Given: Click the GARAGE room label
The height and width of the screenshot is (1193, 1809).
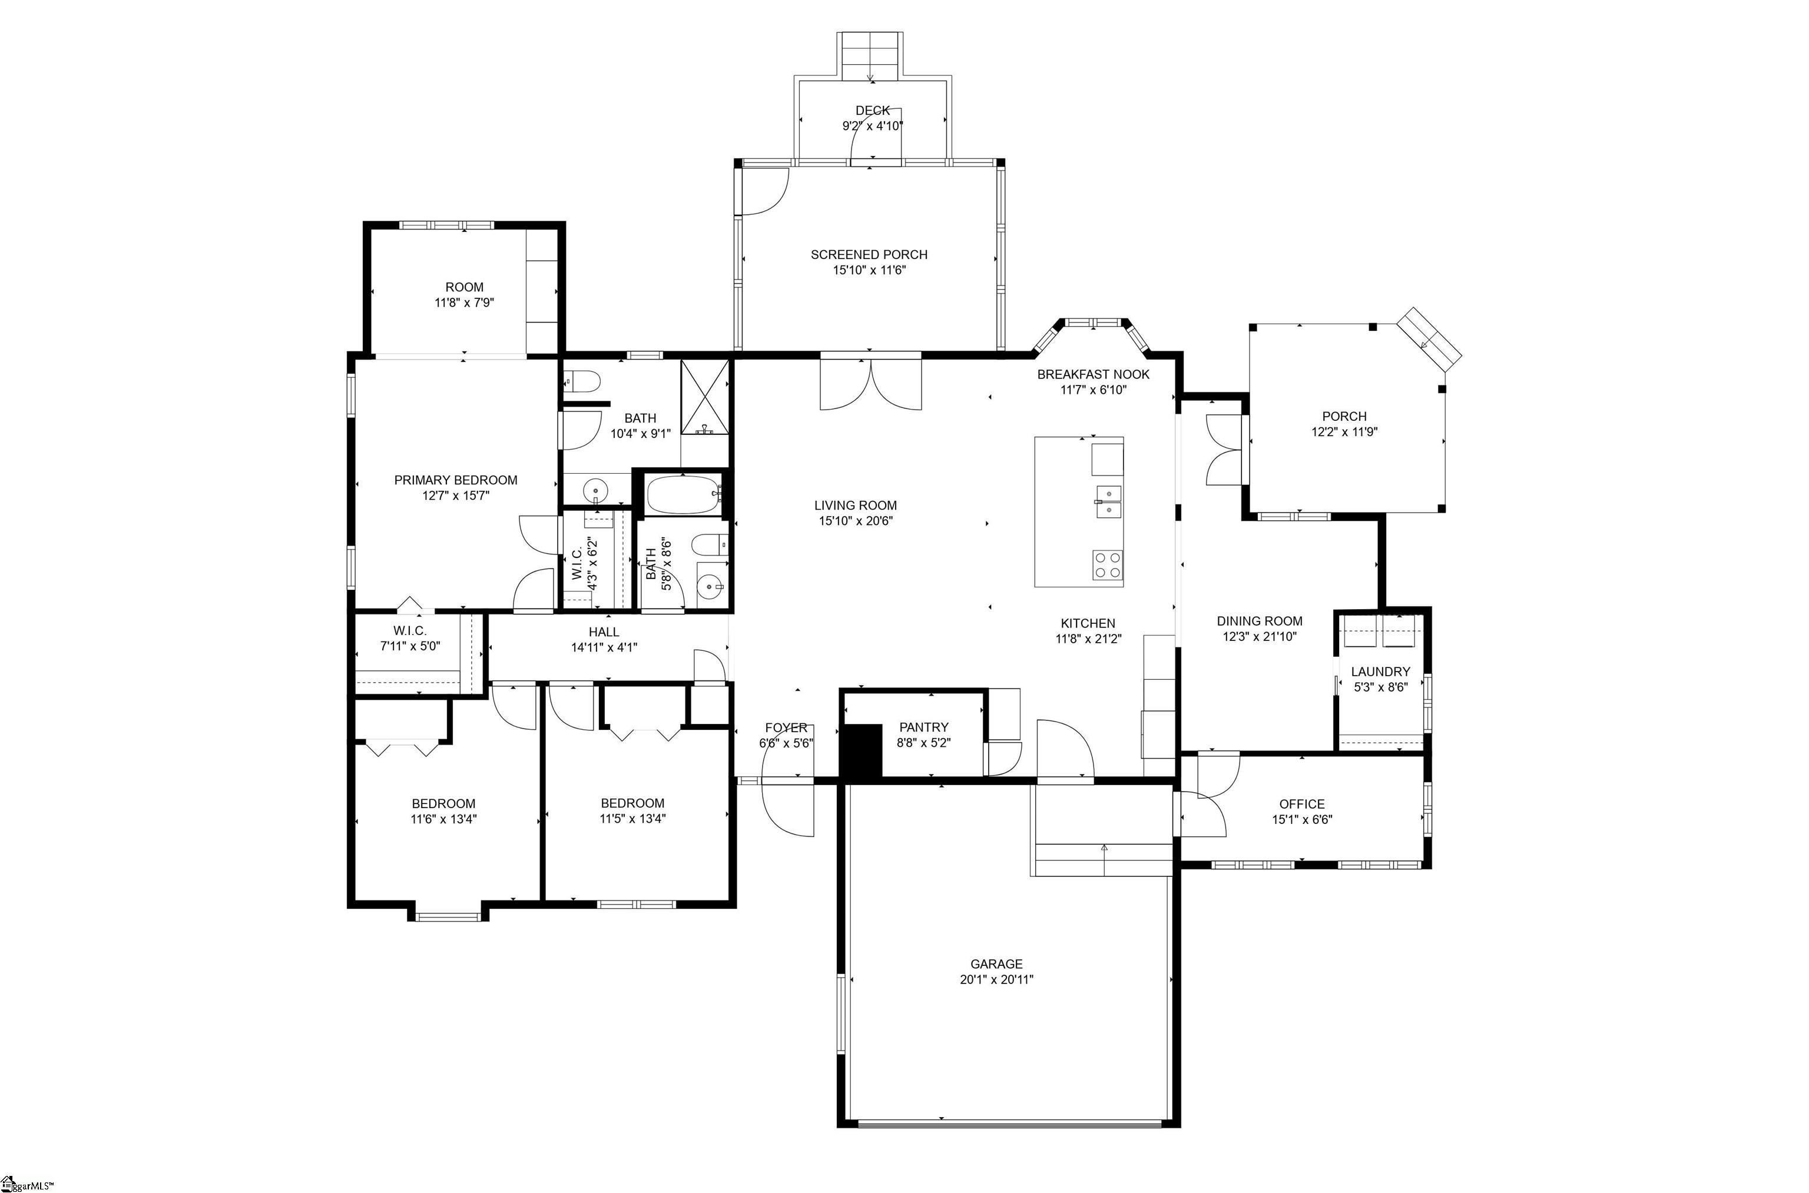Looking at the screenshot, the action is tap(996, 964).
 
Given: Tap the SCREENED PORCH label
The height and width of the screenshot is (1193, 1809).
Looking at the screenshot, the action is tap(869, 254).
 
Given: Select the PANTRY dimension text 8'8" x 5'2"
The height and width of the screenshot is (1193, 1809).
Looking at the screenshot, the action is tap(924, 743).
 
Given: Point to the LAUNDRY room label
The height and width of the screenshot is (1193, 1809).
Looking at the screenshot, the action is tap(1380, 671).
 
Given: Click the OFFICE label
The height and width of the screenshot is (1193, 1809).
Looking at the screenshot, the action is tap(1302, 803).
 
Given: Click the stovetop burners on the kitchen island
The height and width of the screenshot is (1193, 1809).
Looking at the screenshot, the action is tap(1107, 565).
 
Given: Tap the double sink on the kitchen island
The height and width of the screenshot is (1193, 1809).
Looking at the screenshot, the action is tap(1108, 501).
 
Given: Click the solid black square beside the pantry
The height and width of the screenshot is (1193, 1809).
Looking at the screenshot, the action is tap(860, 750).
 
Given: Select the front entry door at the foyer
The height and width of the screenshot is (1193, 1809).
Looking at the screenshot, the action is tap(788, 808).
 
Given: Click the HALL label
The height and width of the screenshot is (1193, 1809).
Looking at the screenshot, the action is tap(604, 632).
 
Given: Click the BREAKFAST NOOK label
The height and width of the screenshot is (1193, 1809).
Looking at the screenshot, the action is tap(1094, 374).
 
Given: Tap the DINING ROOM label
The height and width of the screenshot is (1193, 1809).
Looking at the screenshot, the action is tap(1260, 621).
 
